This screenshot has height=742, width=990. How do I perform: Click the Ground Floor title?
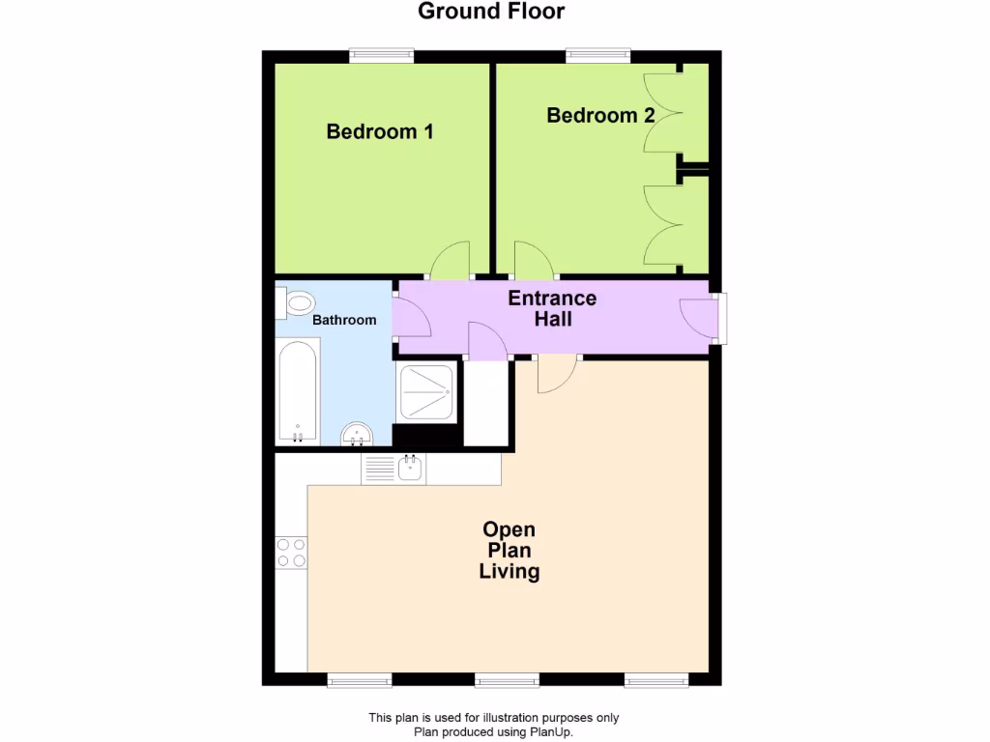coord(491,12)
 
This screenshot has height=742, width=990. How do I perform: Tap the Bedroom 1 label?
coord(379,131)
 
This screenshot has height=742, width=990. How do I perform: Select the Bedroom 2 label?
coord(600,116)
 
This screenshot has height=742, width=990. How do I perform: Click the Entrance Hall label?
coord(552,308)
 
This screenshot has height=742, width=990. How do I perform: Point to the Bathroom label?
coord(343,320)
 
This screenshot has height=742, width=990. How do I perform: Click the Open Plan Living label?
coord(510,551)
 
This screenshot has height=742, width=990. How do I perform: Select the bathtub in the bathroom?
coord(297,392)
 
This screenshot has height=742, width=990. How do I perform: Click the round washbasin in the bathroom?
coord(358,434)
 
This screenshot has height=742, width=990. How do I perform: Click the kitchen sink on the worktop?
coord(409,470)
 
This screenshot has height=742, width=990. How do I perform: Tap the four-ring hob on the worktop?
coord(291,553)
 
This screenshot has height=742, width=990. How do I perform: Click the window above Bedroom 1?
coord(382,56)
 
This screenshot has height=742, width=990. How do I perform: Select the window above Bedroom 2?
coord(598,56)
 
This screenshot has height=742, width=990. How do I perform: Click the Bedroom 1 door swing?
coord(451,261)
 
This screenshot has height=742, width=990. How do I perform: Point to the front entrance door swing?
coord(699,319)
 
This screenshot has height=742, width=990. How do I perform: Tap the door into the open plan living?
coord(557,374)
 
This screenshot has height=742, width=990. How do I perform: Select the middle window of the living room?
coord(507,680)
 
